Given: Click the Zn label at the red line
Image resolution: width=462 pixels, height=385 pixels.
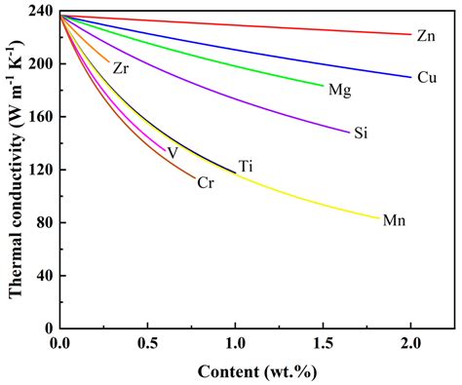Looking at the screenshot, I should [426, 36].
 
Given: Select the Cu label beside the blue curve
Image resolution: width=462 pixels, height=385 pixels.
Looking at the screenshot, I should [426, 78].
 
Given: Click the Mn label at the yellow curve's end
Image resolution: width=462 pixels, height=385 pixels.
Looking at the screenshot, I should [394, 221].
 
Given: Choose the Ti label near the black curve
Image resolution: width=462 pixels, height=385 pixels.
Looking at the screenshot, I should [246, 167].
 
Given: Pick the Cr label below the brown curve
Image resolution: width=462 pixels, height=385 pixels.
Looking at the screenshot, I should [206, 182].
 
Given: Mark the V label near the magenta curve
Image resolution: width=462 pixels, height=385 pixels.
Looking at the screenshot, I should [173, 153].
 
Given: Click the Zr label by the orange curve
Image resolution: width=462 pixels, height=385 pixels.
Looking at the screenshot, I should [120, 68].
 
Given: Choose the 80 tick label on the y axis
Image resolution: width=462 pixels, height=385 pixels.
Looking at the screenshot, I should [43, 222].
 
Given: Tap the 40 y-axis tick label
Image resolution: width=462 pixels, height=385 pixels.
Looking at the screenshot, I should [43, 276].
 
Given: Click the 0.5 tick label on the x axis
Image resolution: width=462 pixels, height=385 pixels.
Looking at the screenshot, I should [147, 344].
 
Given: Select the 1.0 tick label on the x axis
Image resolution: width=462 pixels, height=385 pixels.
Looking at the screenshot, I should [235, 344].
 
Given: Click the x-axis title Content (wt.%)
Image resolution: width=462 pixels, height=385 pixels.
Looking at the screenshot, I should [256, 371].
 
